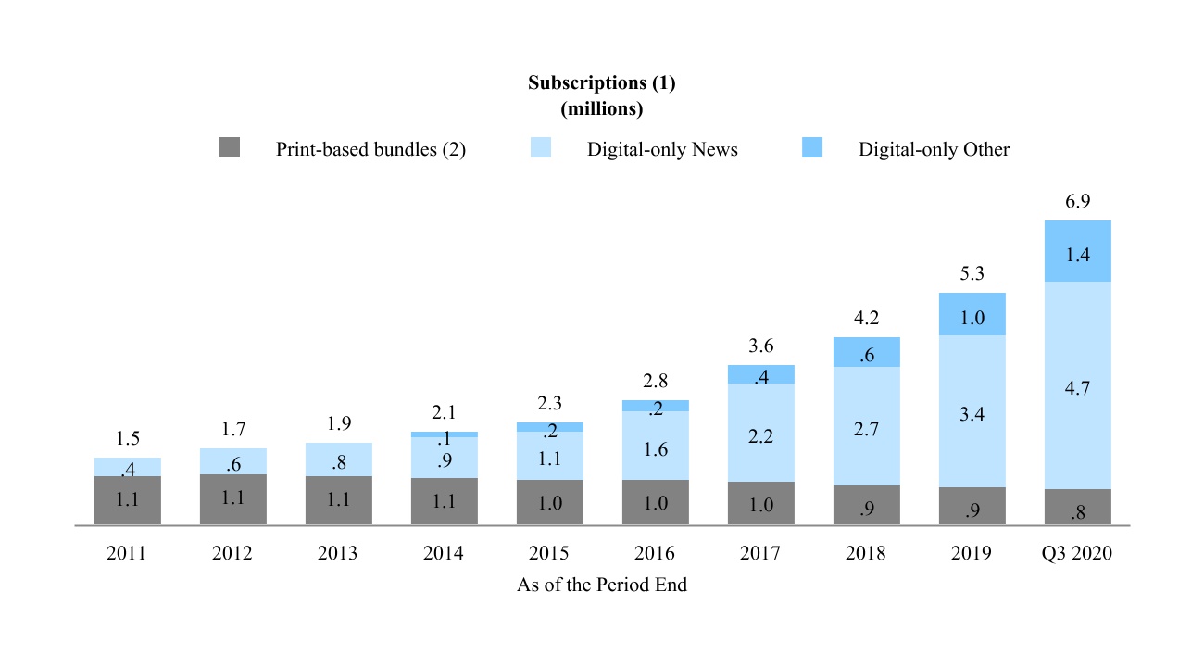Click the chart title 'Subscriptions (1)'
pos(602,82)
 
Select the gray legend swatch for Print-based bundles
pos(230,148)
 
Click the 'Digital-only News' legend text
pos(662,149)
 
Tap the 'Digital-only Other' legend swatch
pos(811,148)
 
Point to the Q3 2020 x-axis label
pos(1077,553)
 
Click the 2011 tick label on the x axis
pos(127,553)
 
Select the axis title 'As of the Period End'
pos(602,585)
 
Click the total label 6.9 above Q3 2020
pos(1077,201)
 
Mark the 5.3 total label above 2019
pos(972,273)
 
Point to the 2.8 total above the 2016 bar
pos(656,381)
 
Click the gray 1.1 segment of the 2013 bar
pos(339,500)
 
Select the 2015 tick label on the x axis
pos(549,553)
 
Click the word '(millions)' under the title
pos(602,108)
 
